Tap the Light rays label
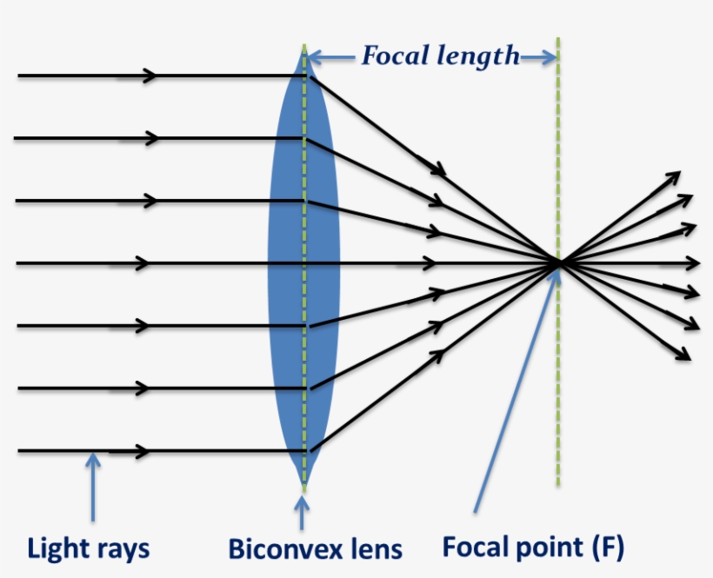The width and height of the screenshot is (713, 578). click(x=88, y=549)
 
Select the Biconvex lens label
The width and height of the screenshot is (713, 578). click(x=315, y=549)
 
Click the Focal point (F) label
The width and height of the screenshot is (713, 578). click(x=533, y=547)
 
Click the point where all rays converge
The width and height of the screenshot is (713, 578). click(x=558, y=262)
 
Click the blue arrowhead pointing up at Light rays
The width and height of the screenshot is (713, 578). click(x=92, y=458)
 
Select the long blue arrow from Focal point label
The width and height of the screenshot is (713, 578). click(x=513, y=391)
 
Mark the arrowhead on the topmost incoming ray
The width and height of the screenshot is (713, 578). click(x=150, y=76)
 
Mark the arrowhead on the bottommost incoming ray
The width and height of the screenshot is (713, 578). click(x=141, y=451)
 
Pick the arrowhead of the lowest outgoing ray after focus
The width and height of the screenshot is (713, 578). click(x=684, y=355)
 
